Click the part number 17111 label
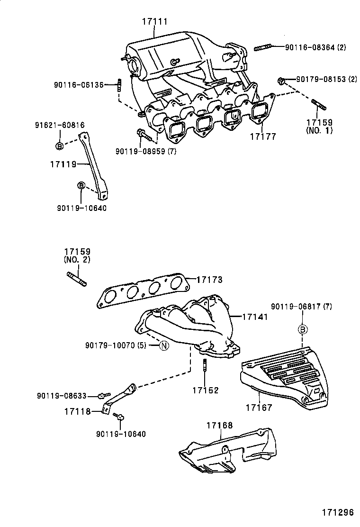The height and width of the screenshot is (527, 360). click(x=154, y=21)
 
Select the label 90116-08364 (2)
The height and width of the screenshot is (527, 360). click(x=315, y=47)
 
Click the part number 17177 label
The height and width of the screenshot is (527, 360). click(x=263, y=136)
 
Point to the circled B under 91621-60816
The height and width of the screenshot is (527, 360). click(x=59, y=146)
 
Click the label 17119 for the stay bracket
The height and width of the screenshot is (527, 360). click(x=63, y=164)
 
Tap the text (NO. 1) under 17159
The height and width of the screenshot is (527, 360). click(x=319, y=130)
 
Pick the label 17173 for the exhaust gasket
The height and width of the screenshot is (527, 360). click(x=209, y=280)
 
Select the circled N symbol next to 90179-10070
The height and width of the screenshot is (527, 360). click(x=163, y=345)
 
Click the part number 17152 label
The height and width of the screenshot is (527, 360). click(x=205, y=390)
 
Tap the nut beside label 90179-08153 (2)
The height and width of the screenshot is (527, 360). click(x=281, y=81)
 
